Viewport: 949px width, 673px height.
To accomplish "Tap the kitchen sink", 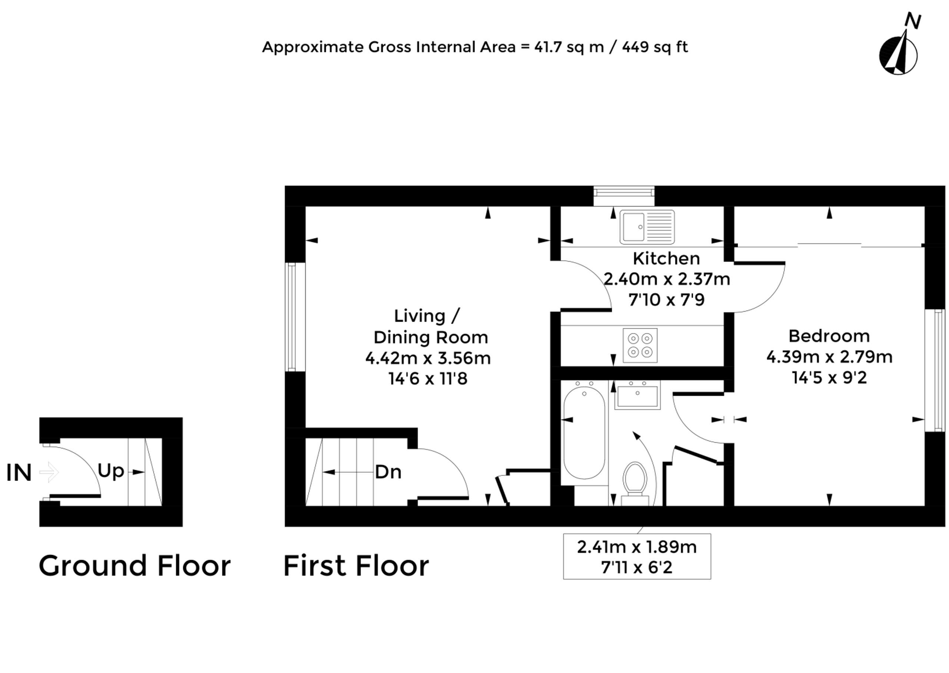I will coord(647,227).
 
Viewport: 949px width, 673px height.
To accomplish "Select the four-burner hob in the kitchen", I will coord(640,345).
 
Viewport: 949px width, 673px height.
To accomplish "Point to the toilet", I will coord(635,481).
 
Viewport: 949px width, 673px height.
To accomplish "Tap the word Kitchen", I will coord(666,259).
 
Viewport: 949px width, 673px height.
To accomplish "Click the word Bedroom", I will coord(829,336).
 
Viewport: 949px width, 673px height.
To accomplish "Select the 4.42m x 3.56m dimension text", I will coord(428,358).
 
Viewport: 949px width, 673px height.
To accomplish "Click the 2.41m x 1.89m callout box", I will coord(636,557).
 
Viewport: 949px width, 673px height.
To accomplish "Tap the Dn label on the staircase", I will coord(388,472).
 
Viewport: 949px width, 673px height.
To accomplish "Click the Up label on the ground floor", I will coord(110,471).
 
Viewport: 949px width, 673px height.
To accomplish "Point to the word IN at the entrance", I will coord(19,472).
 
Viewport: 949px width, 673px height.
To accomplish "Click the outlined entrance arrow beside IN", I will coord(49,472).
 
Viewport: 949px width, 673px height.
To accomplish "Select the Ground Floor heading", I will coord(135,566).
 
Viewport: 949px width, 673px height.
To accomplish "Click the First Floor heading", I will coord(356,566).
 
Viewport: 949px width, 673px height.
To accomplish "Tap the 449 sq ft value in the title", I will coord(655,47).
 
